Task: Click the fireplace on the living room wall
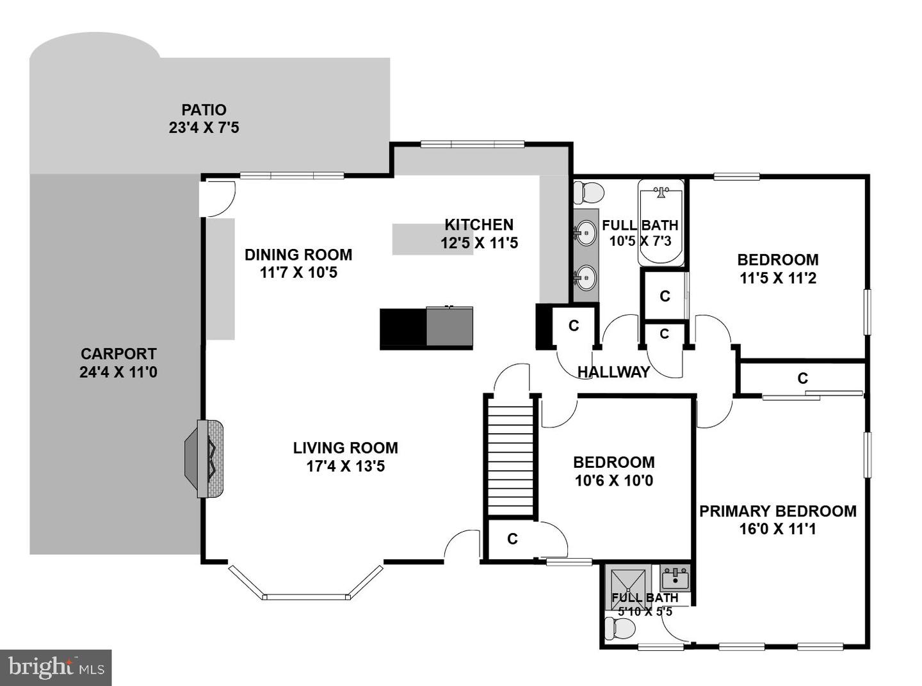[x=205, y=458]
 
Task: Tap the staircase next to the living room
[x=511, y=456]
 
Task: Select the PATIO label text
[x=204, y=110]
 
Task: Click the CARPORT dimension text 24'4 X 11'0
[x=118, y=372]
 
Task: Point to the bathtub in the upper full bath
[x=661, y=222]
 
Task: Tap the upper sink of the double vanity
[x=586, y=232]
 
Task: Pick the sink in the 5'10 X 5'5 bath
[x=675, y=579]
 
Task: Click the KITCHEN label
[x=479, y=225]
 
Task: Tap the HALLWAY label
[x=613, y=372]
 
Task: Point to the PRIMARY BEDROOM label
[x=777, y=511]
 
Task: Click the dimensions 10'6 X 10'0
[x=613, y=481]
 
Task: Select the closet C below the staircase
[x=512, y=539]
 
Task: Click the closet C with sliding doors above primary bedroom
[x=802, y=379]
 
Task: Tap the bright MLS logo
[x=56, y=668]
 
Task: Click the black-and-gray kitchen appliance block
[x=426, y=328]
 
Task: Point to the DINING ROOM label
[x=298, y=255]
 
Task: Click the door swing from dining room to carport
[x=218, y=197]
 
